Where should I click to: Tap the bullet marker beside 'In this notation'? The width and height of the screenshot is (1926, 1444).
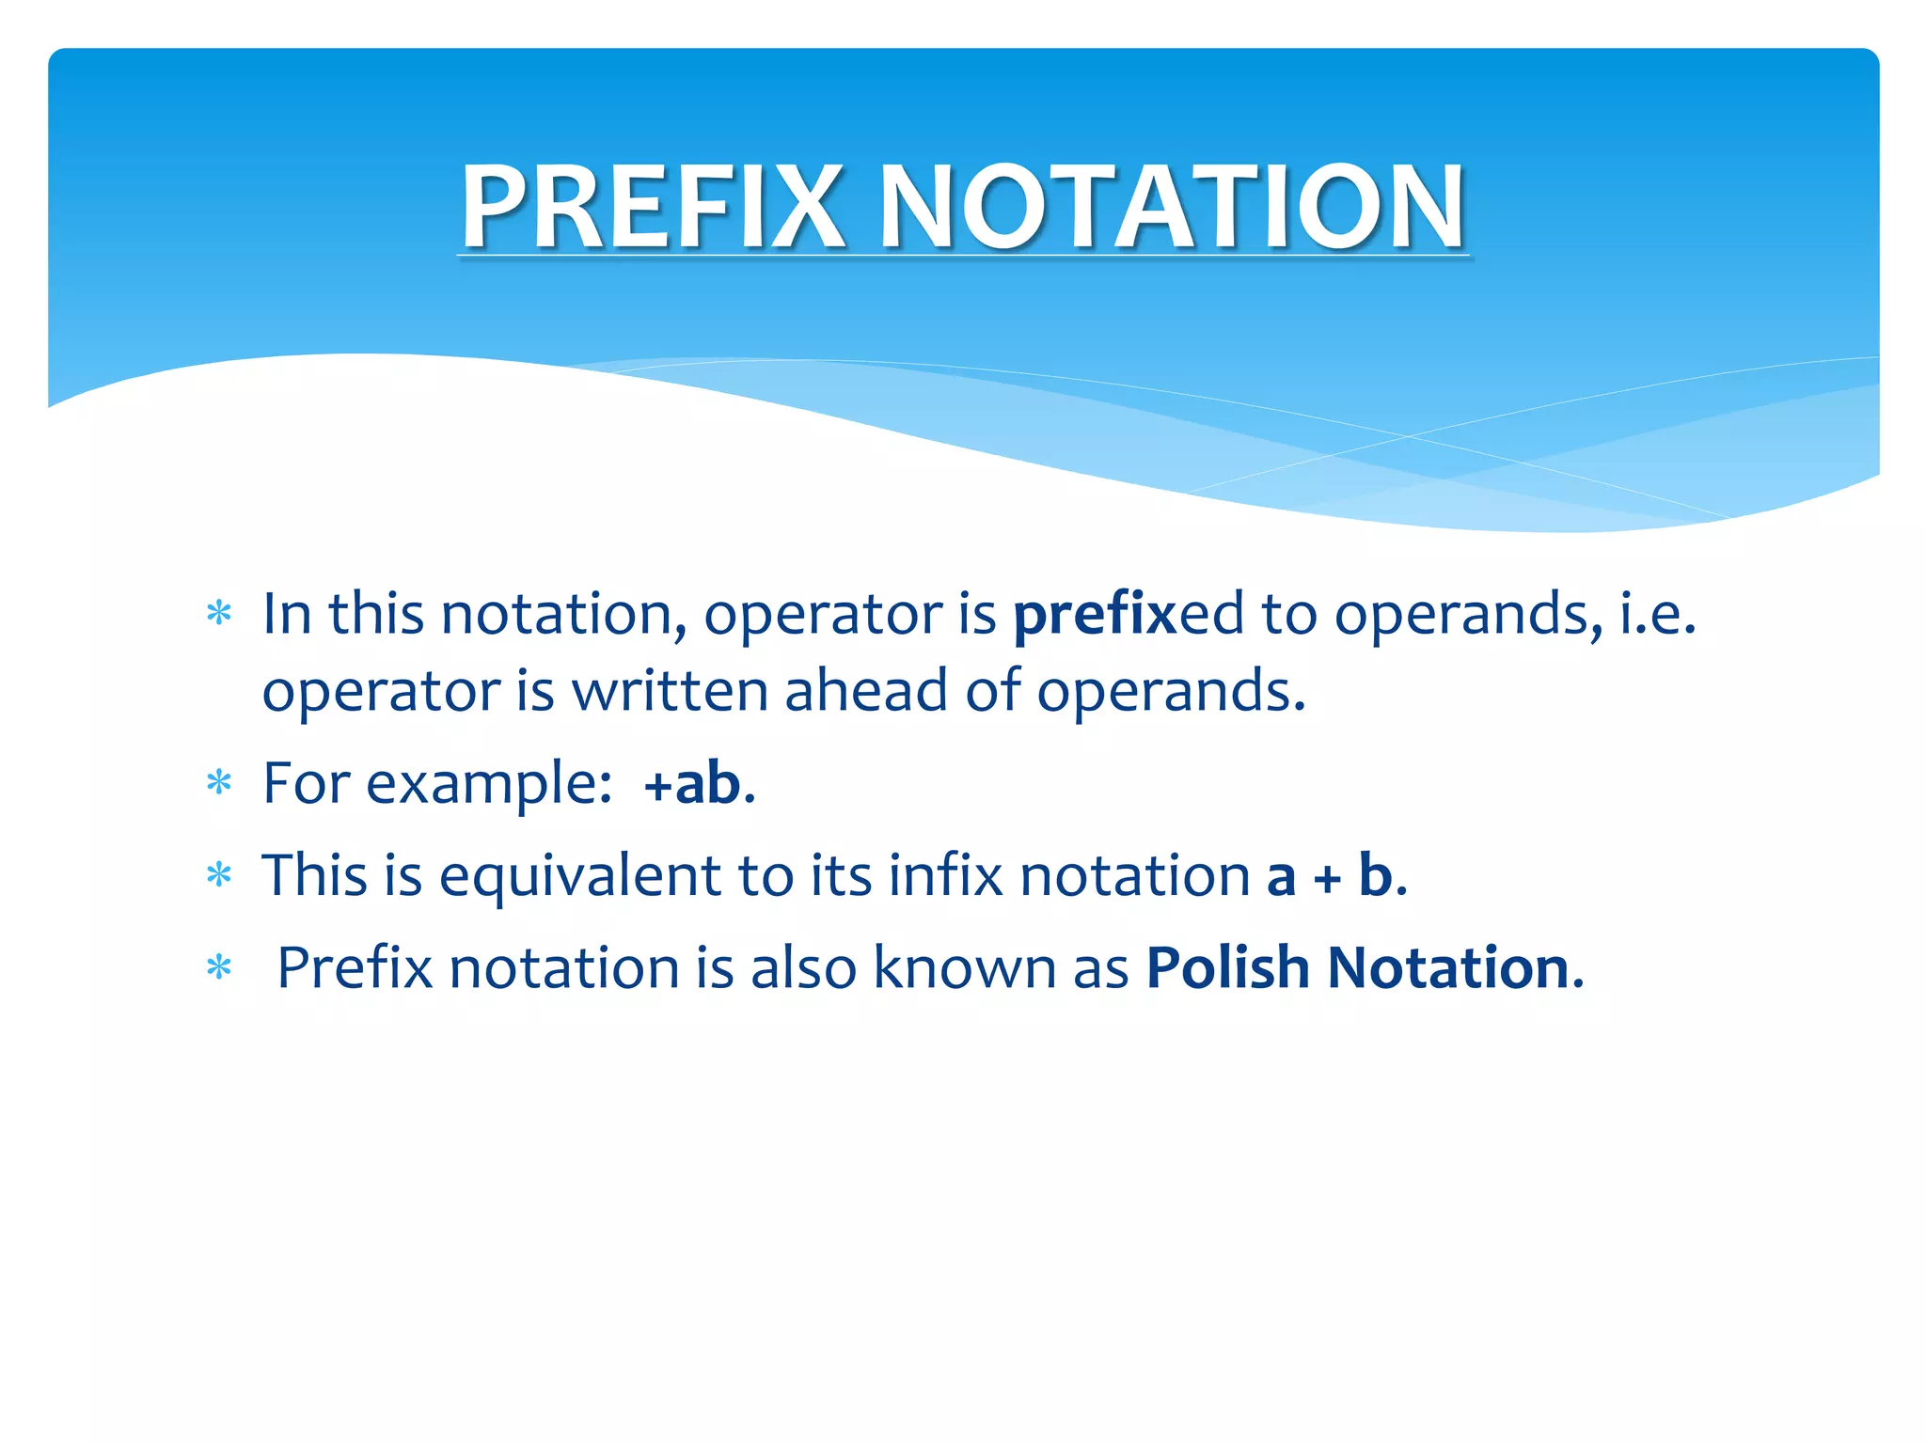[219, 615]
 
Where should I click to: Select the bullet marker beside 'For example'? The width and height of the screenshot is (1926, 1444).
[219, 782]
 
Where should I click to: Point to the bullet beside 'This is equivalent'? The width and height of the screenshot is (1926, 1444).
[219, 875]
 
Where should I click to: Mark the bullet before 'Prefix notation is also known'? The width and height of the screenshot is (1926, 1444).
[219, 967]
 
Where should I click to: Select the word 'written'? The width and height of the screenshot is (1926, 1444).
[670, 691]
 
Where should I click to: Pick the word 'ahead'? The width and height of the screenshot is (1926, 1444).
[866, 691]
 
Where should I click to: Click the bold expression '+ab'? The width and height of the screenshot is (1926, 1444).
[692, 782]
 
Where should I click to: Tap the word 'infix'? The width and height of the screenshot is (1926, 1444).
[945, 875]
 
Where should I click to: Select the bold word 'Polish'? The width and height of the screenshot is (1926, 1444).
[1227, 967]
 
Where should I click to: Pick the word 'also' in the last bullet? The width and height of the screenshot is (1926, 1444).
[803, 967]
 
